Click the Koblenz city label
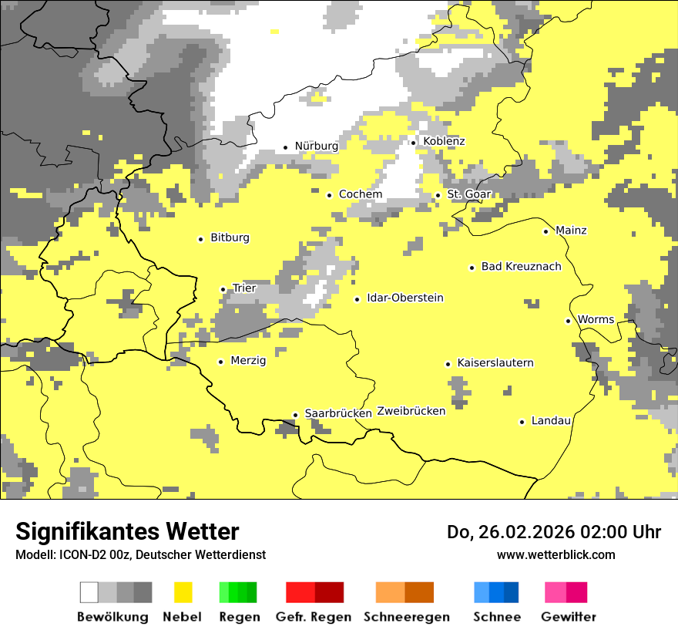pyautogui.click(x=444, y=141)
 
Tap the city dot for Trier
pyautogui.click(x=223, y=289)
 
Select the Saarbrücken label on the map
pyautogui.click(x=338, y=413)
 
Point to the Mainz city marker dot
pyautogui.click(x=546, y=231)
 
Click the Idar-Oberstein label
pyautogui.click(x=405, y=298)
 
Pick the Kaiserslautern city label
pyautogui.click(x=495, y=362)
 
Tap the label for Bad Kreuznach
pyautogui.click(x=521, y=266)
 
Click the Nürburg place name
pyautogui.click(x=316, y=146)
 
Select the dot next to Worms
pyautogui.click(x=569, y=321)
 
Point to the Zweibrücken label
pyautogui.click(x=411, y=411)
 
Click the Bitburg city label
pyautogui.click(x=230, y=237)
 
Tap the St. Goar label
pyautogui.click(x=469, y=194)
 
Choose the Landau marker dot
pyautogui.click(x=522, y=422)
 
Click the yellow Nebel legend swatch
pyautogui.click(x=183, y=592)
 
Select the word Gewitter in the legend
pyautogui.click(x=569, y=617)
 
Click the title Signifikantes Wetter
pyautogui.click(x=127, y=532)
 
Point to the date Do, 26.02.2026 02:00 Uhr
pyautogui.click(x=553, y=532)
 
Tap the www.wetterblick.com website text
pyautogui.click(x=555, y=554)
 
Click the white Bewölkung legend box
pyautogui.click(x=89, y=592)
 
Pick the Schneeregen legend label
pyautogui.click(x=406, y=617)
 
